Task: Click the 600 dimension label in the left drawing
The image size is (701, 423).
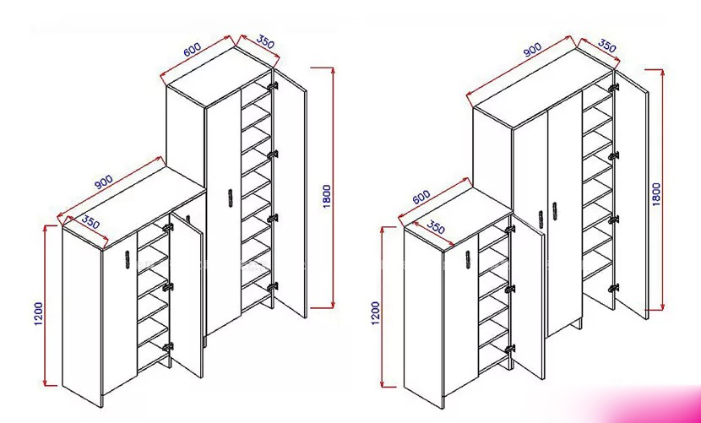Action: pyautogui.click(x=193, y=49)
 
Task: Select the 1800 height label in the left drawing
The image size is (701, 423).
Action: pyautogui.click(x=327, y=196)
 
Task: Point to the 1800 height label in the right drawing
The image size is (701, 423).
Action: pyautogui.click(x=656, y=193)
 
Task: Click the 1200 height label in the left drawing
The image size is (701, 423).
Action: pyautogui.click(x=39, y=313)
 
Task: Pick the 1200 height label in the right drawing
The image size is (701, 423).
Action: pyautogui.click(x=375, y=313)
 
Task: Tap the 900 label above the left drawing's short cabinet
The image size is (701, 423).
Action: pyautogui.click(x=103, y=182)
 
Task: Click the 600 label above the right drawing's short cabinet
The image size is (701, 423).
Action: pyautogui.click(x=421, y=197)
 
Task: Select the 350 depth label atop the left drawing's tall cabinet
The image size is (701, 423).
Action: pyautogui.click(x=264, y=42)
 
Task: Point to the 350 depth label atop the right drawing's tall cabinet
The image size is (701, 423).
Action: pyautogui.click(x=606, y=46)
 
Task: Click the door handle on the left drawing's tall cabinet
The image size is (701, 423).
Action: pyautogui.click(x=231, y=198)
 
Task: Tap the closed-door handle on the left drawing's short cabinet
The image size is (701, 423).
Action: pyautogui.click(x=127, y=259)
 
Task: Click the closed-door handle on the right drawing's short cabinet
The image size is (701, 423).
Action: pyautogui.click(x=468, y=260)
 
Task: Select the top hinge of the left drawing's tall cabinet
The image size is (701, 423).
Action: pyautogui.click(x=273, y=85)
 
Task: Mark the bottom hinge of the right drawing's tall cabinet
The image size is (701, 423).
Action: pyautogui.click(x=613, y=288)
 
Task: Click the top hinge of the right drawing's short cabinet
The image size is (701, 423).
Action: pyautogui.click(x=510, y=229)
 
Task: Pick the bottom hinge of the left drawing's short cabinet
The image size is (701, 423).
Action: pyautogui.click(x=168, y=347)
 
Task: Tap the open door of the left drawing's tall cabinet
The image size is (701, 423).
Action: pyautogui.click(x=291, y=193)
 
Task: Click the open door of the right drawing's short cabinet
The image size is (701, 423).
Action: pyautogui.click(x=529, y=296)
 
